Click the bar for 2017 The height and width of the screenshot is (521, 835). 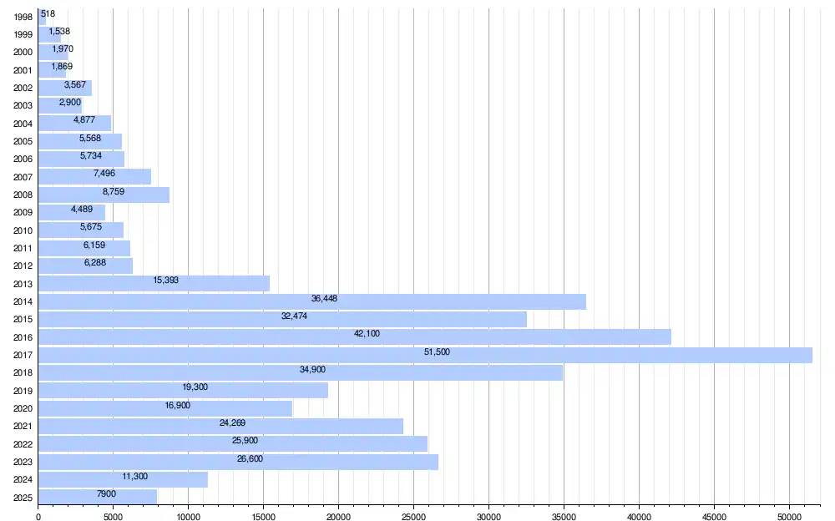click(426, 355)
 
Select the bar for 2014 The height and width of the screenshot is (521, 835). click(312, 301)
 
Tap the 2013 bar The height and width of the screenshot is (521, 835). click(154, 283)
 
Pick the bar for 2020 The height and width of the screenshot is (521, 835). click(165, 408)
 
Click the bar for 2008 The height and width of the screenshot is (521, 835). click(104, 195)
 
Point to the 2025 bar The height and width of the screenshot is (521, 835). click(98, 497)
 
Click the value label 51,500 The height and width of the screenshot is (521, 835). click(438, 352)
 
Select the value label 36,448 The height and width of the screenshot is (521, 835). click(324, 298)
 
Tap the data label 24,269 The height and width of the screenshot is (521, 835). click(233, 423)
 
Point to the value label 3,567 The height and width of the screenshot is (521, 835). click(75, 84)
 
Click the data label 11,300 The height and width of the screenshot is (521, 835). click(135, 476)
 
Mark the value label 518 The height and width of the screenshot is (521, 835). click(48, 14)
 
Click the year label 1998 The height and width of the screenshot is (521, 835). click(23, 17)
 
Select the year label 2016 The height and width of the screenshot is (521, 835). click(23, 337)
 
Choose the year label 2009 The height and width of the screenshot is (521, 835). click(23, 213)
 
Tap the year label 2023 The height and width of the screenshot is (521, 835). click(23, 462)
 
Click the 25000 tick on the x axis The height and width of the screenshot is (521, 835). click(414, 516)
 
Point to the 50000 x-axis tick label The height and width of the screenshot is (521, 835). click(790, 516)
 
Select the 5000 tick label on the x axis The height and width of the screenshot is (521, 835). click(113, 516)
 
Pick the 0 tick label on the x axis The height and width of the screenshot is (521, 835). click(38, 516)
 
